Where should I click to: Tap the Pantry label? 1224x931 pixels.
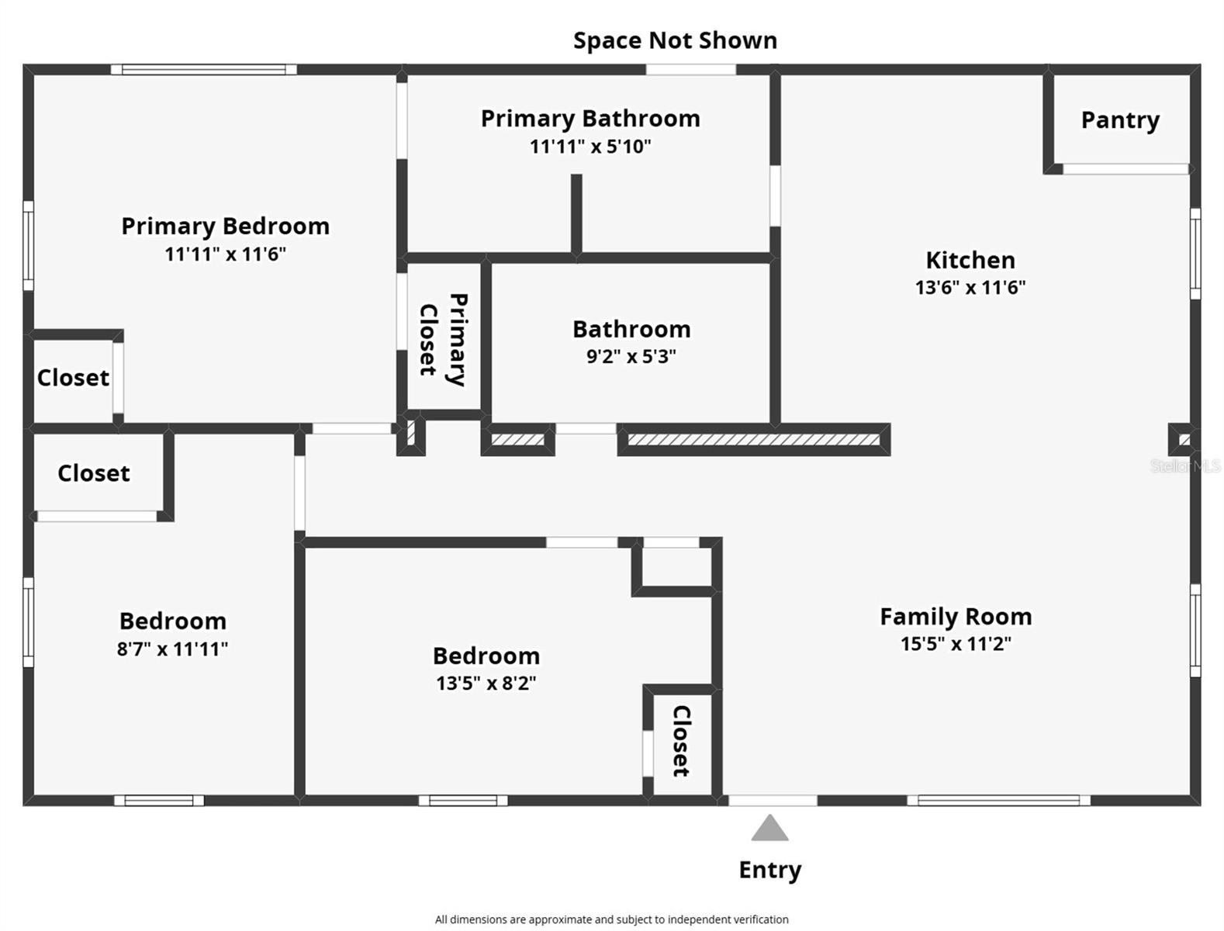click(1120, 120)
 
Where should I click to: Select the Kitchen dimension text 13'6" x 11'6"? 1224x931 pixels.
click(970, 288)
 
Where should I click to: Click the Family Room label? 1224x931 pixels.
click(956, 617)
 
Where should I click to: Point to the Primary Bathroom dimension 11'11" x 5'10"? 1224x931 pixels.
click(590, 147)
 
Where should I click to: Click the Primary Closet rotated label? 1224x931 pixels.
click(443, 338)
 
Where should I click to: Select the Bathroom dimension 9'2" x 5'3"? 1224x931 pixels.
click(631, 357)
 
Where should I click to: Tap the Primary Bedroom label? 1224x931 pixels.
click(225, 227)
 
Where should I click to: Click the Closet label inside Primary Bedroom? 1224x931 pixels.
click(73, 378)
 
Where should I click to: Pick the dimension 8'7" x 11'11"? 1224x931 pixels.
click(172, 649)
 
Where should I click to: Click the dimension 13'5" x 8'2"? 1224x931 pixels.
click(486, 684)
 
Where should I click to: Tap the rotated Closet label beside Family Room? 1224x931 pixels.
click(681, 740)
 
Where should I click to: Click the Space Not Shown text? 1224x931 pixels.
click(675, 40)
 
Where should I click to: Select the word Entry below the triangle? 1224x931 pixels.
click(769, 870)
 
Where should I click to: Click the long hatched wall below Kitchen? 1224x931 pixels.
click(753, 440)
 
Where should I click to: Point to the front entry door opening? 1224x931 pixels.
click(773, 800)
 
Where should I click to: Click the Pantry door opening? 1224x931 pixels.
click(1125, 168)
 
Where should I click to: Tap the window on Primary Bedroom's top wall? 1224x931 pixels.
click(203, 69)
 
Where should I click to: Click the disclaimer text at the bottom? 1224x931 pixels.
click(611, 919)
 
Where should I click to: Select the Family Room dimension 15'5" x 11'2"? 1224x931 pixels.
click(956, 644)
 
